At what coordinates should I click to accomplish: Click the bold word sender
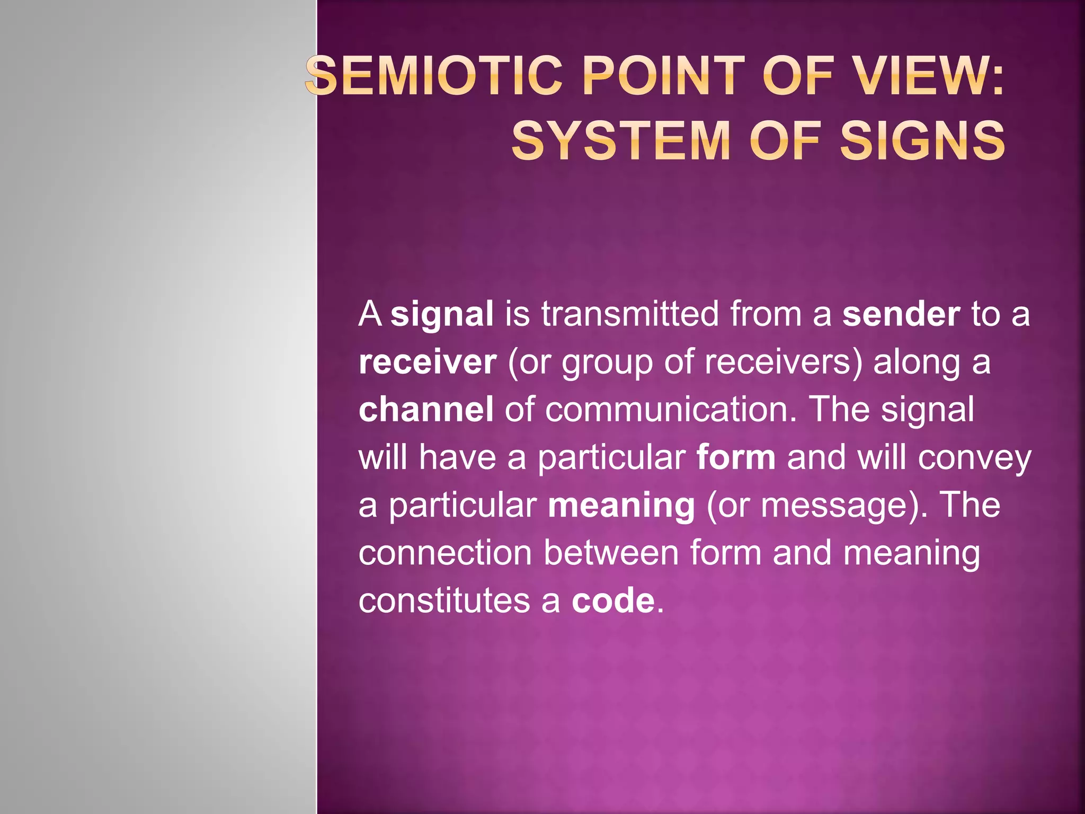click(901, 314)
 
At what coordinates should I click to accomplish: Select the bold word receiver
click(428, 362)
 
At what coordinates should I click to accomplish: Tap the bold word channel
click(426, 410)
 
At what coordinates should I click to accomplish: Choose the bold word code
click(613, 600)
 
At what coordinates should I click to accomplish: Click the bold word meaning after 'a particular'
click(621, 505)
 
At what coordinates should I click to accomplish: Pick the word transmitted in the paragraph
click(630, 314)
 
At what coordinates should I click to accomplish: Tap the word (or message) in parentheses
click(816, 506)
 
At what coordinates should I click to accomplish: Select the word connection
click(445, 553)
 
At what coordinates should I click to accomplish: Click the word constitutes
click(444, 600)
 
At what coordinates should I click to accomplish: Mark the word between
click(611, 553)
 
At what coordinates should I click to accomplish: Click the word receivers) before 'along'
click(784, 362)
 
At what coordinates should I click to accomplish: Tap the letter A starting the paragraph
click(370, 314)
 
